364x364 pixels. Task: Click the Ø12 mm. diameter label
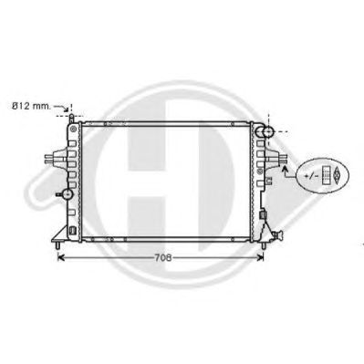[x=31, y=107]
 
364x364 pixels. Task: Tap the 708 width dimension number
[x=163, y=258]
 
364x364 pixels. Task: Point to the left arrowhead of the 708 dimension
[x=61, y=258]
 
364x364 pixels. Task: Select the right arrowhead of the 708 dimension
[x=260, y=258]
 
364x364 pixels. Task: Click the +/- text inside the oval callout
[x=312, y=176]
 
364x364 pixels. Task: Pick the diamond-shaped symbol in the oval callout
[x=337, y=175]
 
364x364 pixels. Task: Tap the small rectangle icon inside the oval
[x=326, y=175]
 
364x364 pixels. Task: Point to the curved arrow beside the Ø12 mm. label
[x=62, y=108]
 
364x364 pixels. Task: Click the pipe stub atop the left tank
[x=71, y=118]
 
